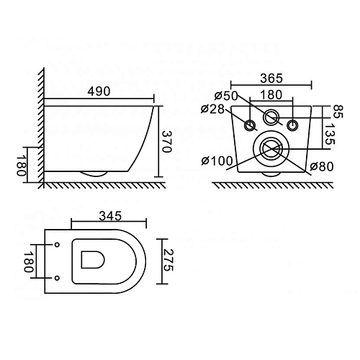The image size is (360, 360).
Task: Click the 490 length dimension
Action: (99, 91)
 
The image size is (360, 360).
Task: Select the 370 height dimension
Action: (166, 142)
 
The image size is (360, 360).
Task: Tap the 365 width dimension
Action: (271, 78)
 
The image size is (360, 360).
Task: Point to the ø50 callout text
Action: (226, 96)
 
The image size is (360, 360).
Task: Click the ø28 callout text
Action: (212, 109)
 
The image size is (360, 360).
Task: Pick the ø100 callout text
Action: (217, 161)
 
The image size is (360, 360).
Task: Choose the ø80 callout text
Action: (322, 166)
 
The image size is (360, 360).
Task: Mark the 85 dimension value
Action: (338, 112)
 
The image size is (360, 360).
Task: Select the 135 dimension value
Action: (330, 134)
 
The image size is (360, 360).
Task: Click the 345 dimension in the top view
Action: (110, 216)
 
